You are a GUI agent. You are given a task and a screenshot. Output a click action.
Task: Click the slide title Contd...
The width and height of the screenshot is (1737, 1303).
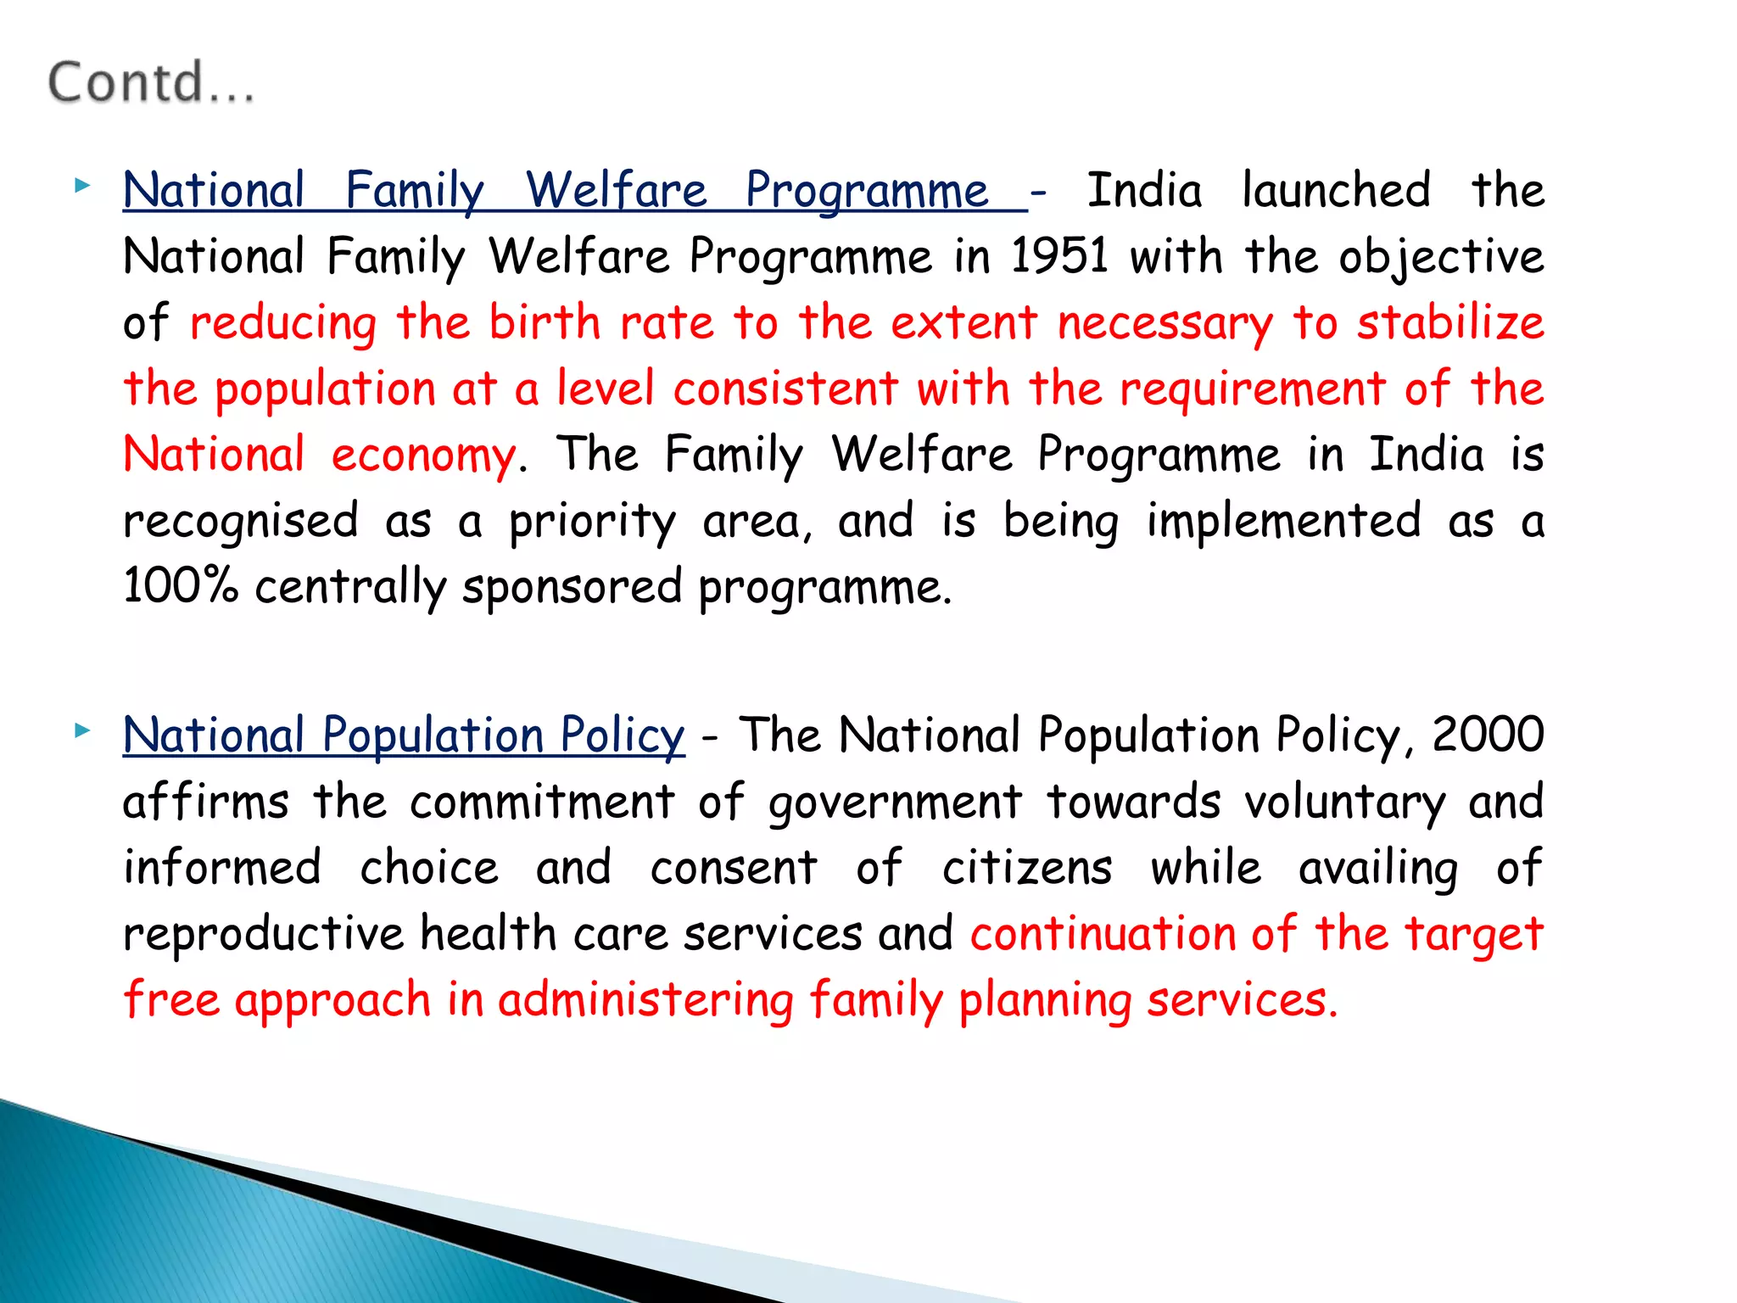(150, 83)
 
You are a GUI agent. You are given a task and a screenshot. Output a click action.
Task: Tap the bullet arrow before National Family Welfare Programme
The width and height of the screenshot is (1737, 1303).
(81, 185)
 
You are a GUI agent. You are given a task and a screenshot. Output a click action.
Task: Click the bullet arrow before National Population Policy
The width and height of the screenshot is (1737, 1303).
(81, 730)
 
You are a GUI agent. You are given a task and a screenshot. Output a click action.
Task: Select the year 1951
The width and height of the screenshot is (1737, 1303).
(1059, 255)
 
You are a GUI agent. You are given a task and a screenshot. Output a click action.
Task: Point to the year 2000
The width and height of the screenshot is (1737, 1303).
(1488, 735)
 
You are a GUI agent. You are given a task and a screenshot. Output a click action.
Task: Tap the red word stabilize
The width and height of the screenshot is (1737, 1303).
(1450, 322)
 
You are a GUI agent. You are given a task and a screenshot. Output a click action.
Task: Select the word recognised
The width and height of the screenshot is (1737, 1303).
(241, 521)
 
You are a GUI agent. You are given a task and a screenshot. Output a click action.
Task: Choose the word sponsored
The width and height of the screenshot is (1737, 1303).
(572, 587)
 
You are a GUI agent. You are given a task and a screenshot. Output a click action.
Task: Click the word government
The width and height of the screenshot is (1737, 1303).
(895, 802)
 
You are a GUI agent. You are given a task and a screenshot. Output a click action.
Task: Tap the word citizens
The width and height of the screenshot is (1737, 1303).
(1026, 868)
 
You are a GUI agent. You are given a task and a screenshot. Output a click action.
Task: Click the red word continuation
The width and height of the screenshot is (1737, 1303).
(1103, 934)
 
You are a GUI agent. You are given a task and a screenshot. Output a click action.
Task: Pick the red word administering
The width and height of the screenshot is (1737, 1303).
(645, 1000)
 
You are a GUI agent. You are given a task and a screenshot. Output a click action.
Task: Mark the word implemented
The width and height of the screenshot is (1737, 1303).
(1283, 521)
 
